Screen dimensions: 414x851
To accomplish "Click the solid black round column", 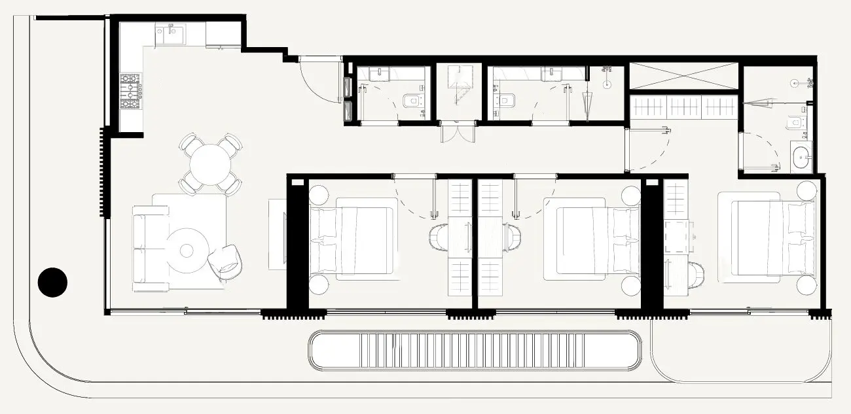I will [52, 283].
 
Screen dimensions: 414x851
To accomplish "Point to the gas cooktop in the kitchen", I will [130, 91].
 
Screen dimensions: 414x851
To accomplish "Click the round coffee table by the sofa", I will [187, 250].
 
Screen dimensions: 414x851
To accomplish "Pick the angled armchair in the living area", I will [226, 262].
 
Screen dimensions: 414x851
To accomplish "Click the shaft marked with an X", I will [683, 75].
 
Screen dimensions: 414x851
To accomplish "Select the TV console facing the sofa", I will [277, 233].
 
